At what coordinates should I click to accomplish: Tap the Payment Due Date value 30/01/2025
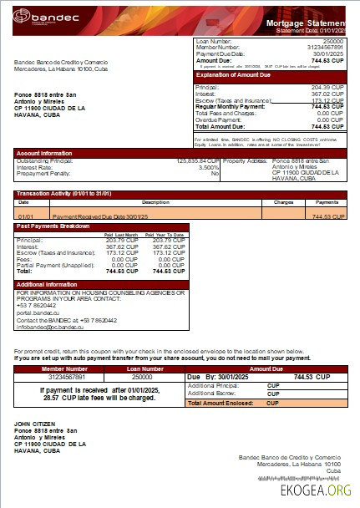[327, 53]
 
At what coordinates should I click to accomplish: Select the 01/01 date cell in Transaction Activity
[23, 216]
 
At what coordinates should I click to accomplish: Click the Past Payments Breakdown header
[53, 226]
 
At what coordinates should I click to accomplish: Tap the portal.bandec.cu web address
[37, 313]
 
